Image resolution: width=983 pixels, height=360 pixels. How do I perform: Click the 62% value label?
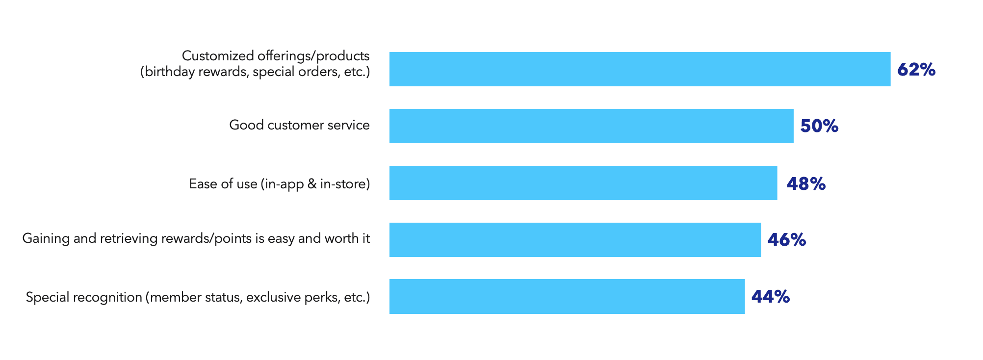point(916,70)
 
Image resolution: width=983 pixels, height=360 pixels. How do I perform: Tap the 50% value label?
point(819,126)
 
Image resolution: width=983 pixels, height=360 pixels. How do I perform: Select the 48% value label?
point(806,183)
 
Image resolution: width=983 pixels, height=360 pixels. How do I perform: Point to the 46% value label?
point(786,240)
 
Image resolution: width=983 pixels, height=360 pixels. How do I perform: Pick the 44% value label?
point(770,297)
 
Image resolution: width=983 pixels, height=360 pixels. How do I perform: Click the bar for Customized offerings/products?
point(640,69)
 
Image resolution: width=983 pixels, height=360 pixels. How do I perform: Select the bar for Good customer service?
point(591,126)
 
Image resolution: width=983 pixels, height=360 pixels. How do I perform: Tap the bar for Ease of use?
point(583,183)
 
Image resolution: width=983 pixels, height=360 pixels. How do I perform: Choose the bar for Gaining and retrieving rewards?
point(575,240)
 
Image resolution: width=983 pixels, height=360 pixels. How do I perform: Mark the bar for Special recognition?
point(567,297)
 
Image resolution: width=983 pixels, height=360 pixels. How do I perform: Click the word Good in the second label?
point(246,125)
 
